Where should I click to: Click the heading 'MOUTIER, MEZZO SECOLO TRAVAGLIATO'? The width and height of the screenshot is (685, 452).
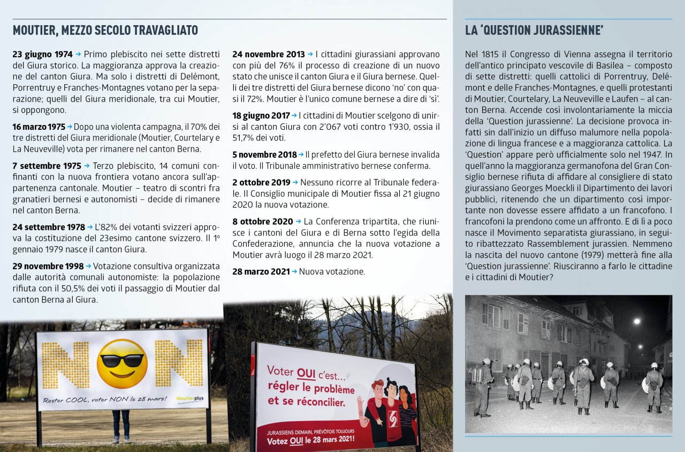(x=105, y=30)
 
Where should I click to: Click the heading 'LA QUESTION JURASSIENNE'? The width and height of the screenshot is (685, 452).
(x=534, y=30)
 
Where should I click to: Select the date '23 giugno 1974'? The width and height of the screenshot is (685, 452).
(x=42, y=54)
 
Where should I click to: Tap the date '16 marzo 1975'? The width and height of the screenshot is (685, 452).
(x=39, y=127)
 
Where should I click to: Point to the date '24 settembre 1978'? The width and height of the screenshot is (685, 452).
(x=49, y=227)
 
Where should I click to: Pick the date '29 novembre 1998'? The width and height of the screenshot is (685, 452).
(x=48, y=266)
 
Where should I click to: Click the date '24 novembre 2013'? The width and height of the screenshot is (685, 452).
(x=268, y=54)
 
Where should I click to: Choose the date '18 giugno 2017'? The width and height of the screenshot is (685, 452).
(x=261, y=115)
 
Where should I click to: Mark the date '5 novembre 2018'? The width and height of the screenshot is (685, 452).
(x=264, y=154)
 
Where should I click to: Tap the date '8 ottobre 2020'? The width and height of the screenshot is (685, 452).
(x=262, y=221)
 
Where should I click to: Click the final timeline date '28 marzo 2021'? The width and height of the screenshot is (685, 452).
(x=261, y=271)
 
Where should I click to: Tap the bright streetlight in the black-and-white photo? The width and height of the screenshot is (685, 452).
(x=636, y=321)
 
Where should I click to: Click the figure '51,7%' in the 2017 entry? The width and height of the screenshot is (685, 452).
(x=245, y=138)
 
